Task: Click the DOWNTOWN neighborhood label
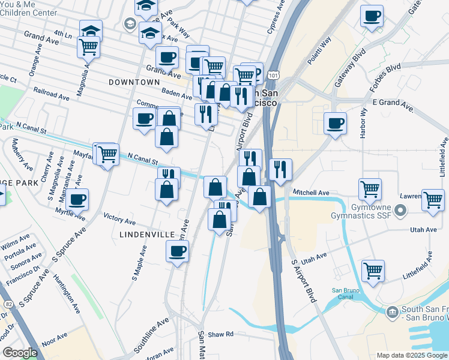134,82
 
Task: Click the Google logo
20,353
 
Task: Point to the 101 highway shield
273,75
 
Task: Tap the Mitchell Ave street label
311,193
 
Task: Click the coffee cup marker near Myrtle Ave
77,199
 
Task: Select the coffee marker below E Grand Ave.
335,123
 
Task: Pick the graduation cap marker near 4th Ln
91,30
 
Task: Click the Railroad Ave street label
52,95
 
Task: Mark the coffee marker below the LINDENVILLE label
177,251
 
